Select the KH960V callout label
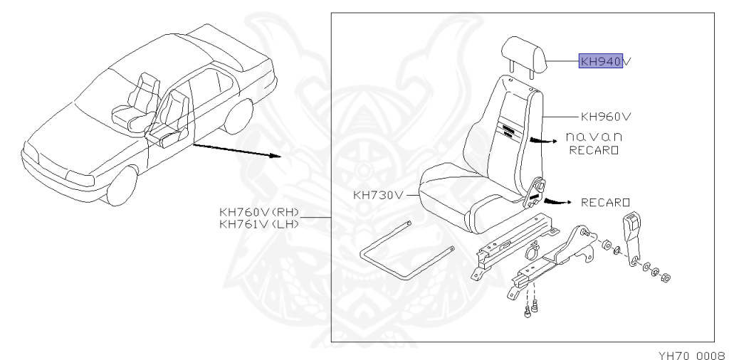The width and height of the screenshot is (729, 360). (607, 115)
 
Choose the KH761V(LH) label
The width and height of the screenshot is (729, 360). (260, 224)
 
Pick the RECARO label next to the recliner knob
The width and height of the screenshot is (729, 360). (606, 203)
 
